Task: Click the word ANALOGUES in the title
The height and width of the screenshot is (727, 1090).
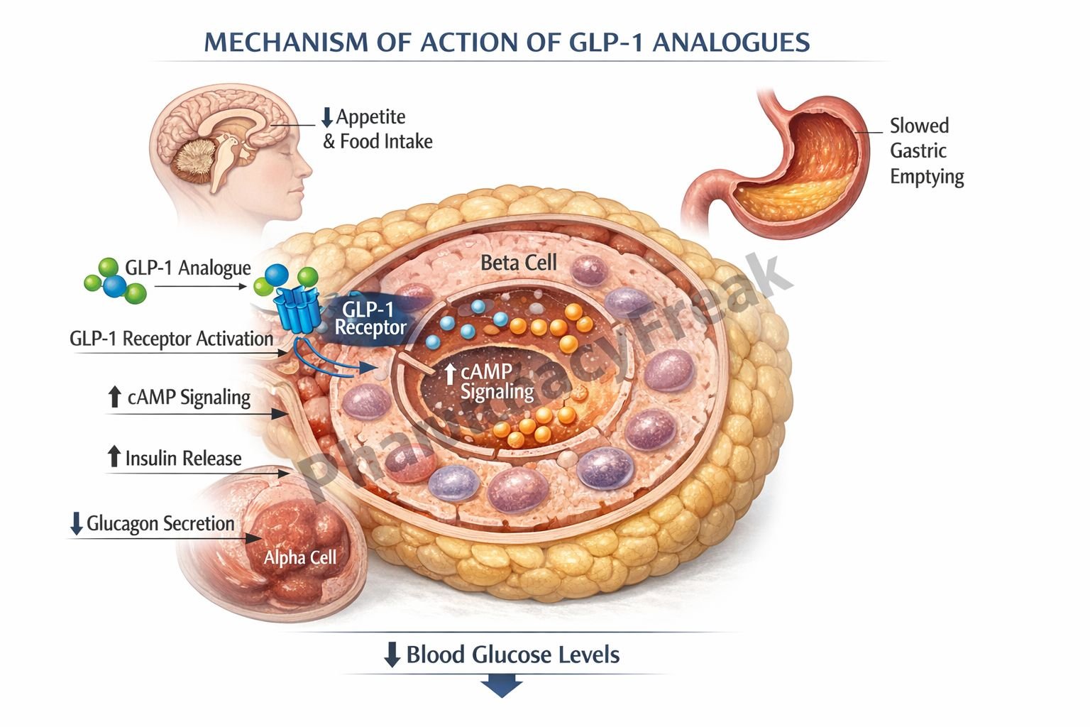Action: pyautogui.click(x=731, y=43)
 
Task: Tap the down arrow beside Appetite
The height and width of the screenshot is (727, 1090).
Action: pyautogui.click(x=327, y=118)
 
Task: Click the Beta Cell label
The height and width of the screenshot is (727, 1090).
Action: pyautogui.click(x=518, y=263)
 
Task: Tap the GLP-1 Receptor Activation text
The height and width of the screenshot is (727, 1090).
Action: pyautogui.click(x=171, y=339)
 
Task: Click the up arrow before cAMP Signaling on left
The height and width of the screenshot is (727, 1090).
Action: pyautogui.click(x=114, y=397)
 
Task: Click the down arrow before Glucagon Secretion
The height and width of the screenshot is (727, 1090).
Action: pyautogui.click(x=77, y=524)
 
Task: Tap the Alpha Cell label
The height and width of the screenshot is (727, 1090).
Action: pyautogui.click(x=299, y=558)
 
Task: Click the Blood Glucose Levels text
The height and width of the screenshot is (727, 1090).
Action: pyautogui.click(x=512, y=655)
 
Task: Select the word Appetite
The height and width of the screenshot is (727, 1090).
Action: pyautogui.click(x=370, y=117)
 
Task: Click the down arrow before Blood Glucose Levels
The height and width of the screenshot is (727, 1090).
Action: pyautogui.click(x=392, y=655)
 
